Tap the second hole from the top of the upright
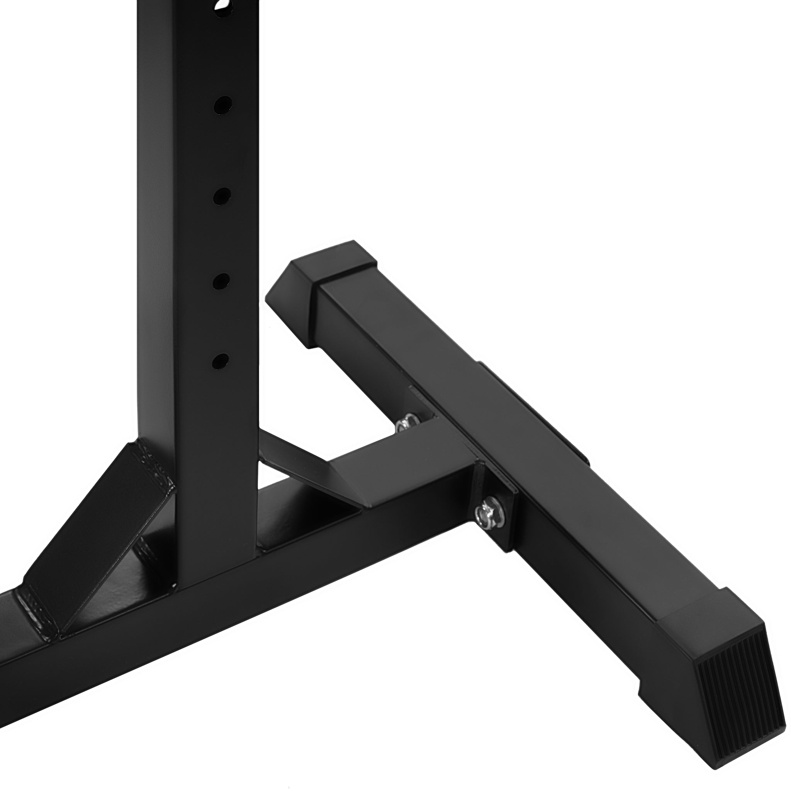tap(222, 105)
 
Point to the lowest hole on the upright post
tap(220, 361)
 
